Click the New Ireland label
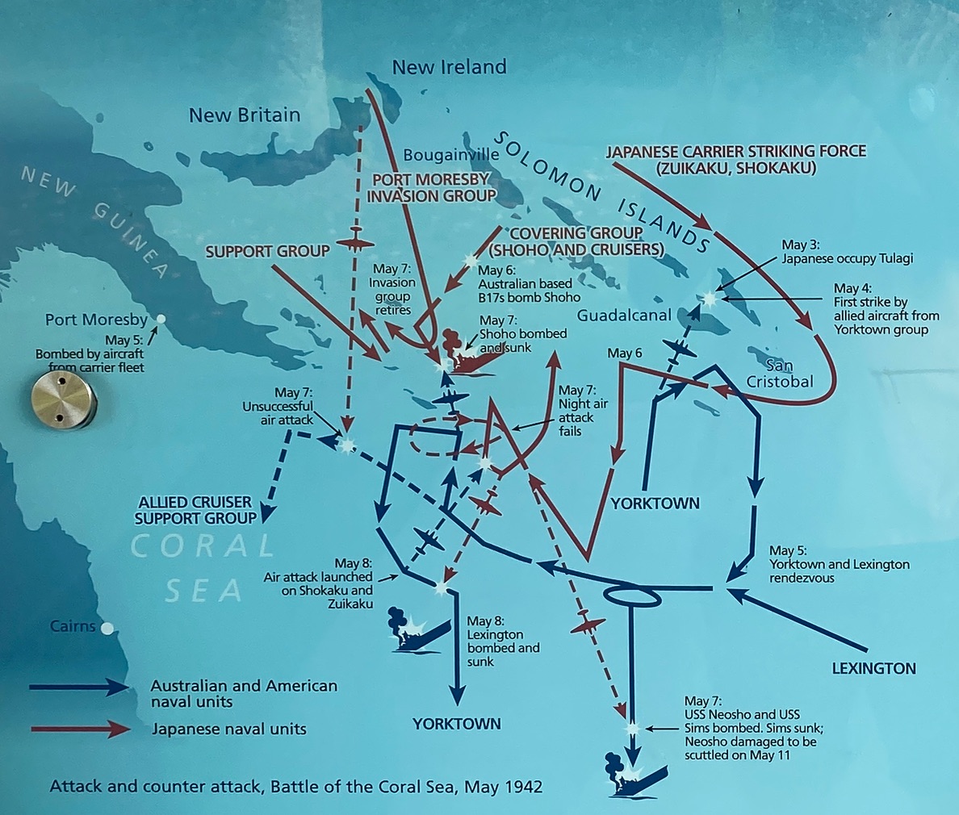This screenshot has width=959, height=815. point(449,67)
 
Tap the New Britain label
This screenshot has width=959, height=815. point(244,115)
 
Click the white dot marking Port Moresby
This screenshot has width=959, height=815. point(161,320)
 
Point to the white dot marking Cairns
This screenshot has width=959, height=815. point(107,628)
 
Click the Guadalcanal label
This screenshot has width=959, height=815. point(625,316)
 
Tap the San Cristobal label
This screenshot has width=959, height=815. point(779,374)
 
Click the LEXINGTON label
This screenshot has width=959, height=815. point(873,668)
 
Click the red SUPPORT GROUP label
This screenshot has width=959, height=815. point(267,252)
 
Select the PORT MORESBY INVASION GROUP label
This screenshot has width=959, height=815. point(431,188)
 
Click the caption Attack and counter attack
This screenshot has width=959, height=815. point(296,786)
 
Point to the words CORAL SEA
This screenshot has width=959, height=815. point(203,568)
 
